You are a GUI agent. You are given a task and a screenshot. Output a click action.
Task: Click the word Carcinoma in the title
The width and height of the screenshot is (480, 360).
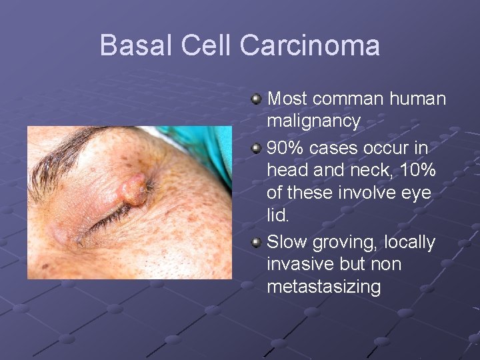pos(310,46)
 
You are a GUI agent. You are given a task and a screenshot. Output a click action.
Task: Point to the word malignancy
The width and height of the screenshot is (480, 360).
pos(313,122)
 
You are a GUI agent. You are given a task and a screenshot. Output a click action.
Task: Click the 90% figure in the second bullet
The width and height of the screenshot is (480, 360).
pos(283,147)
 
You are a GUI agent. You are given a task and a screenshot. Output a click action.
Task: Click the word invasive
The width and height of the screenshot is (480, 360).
pos(301,264)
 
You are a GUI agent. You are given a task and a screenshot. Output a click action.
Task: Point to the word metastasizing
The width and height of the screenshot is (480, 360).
pos(324,287)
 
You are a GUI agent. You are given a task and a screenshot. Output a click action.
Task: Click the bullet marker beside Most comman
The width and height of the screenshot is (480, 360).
pos(257,99)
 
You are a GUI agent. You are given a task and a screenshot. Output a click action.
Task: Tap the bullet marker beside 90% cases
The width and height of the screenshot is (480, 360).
pos(257,147)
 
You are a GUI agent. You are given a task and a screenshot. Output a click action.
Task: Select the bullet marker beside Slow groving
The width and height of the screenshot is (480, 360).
pos(257,242)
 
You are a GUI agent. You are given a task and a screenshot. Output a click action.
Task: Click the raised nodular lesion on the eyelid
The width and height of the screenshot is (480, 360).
pos(136,189)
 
